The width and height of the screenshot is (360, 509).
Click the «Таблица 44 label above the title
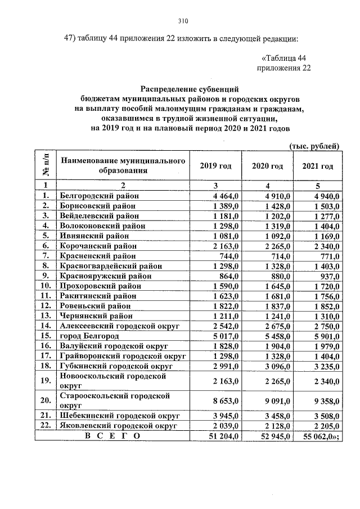point(284,58)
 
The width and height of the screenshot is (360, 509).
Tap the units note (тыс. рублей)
point(314,147)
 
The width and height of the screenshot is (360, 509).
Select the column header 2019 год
point(215,166)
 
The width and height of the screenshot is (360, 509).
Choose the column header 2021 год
point(318,166)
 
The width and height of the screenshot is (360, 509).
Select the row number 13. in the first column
point(46,316)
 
